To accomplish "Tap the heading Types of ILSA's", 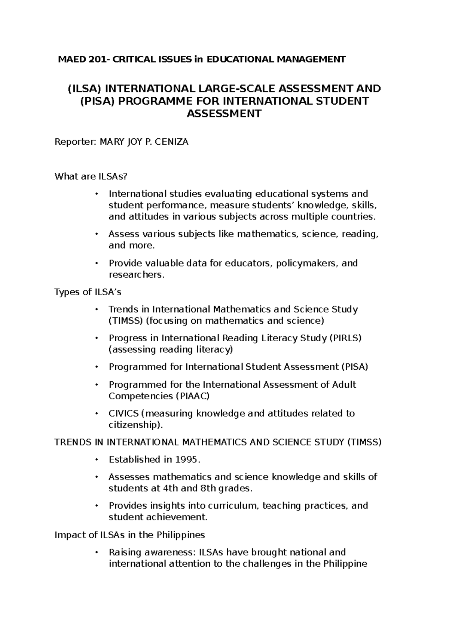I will [88, 292].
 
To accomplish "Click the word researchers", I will [135, 275].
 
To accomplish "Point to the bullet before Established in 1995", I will [96, 459].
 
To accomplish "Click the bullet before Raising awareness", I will [96, 552].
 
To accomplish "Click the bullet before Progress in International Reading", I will [96, 338].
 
